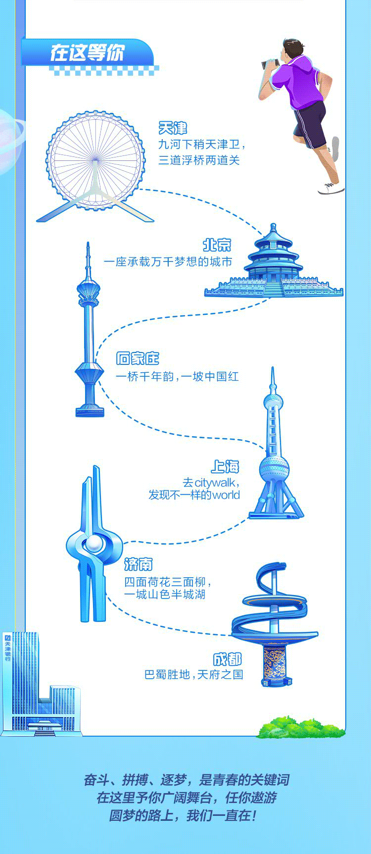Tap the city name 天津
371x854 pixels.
[173, 128]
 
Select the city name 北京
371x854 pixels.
[217, 245]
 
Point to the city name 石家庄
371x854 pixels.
[138, 358]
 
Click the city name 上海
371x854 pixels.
[225, 466]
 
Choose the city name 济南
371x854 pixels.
[139, 564]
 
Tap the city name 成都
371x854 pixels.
[228, 659]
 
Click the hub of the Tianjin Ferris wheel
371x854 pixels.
[95, 160]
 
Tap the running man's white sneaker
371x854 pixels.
[331, 188]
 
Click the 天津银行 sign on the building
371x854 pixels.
[8, 649]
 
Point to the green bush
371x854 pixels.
[300, 727]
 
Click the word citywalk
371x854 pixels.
[216, 483]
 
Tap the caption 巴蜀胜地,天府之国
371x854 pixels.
[194, 674]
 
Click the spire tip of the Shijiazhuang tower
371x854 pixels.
[88, 243]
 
